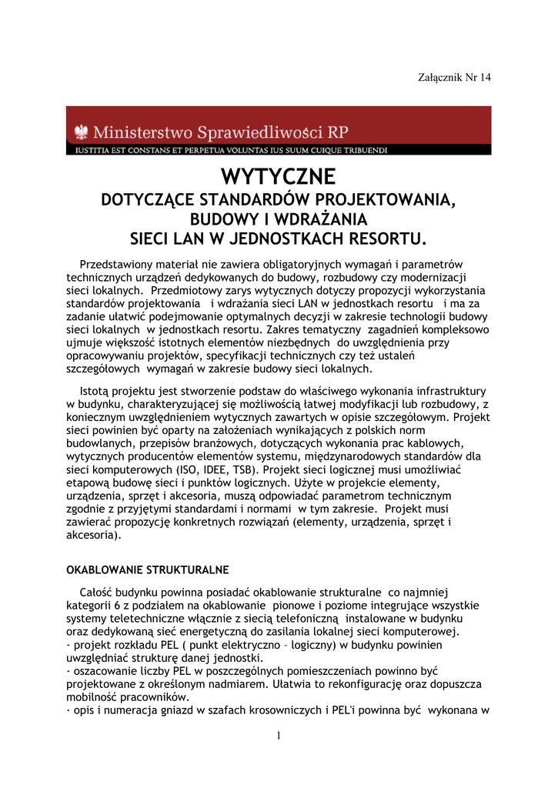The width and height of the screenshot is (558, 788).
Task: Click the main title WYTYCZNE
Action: pos(278,177)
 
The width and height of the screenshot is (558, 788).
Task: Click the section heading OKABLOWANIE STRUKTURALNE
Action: pos(147,570)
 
